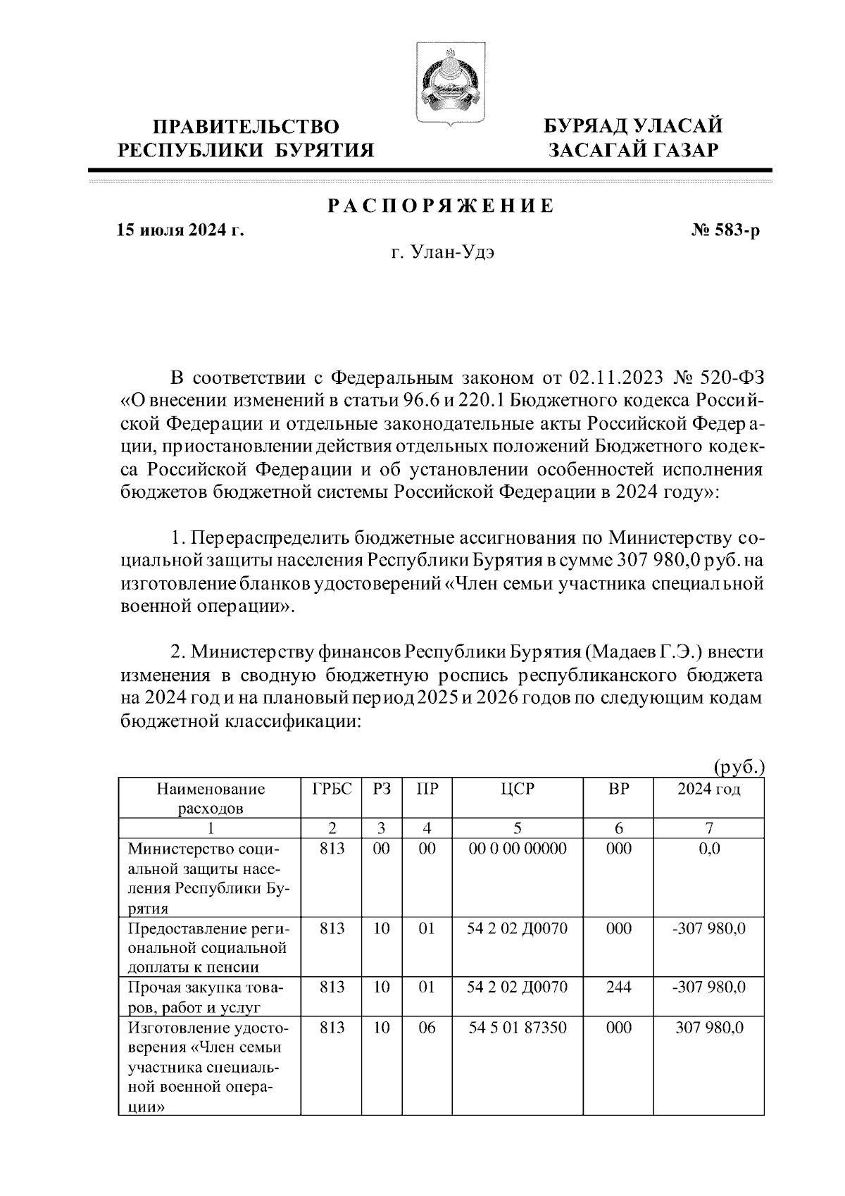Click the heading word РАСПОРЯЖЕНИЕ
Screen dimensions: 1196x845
pyautogui.click(x=441, y=207)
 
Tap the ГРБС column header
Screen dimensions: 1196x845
pyautogui.click(x=331, y=789)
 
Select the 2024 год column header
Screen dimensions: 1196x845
pyautogui.click(x=708, y=789)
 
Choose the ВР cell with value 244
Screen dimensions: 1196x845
pyautogui.click(x=618, y=988)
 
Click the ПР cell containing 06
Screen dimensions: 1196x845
pyautogui.click(x=427, y=1028)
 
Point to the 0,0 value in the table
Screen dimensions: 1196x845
pyautogui.click(x=708, y=849)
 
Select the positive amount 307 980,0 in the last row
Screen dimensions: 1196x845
pyautogui.click(x=710, y=1028)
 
